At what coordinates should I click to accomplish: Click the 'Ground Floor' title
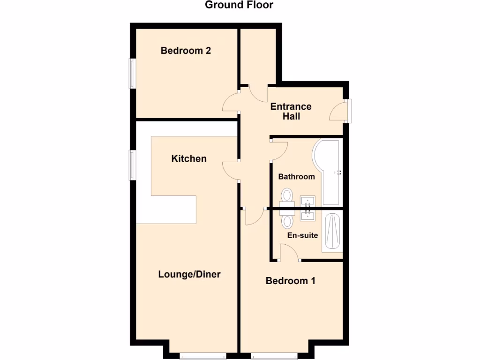point(239,5)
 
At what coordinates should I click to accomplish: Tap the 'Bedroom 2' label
point(186,51)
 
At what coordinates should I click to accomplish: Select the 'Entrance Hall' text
point(291,111)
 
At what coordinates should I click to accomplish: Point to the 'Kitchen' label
point(188,158)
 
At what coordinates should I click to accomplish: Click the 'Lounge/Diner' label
point(189,274)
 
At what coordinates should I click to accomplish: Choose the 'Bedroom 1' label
point(290,281)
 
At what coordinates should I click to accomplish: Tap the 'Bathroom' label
point(296,177)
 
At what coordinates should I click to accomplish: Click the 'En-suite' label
point(302,235)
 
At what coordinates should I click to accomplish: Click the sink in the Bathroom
point(308,201)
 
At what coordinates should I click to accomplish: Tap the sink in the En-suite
point(308,215)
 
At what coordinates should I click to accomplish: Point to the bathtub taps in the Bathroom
point(337,172)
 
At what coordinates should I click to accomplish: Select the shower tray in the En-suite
point(332,232)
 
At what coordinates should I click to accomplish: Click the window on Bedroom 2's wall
point(133,73)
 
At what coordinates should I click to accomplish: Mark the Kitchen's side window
point(133,165)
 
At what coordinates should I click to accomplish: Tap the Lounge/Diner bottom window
point(202,356)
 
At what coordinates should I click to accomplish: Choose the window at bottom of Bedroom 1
point(274,356)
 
